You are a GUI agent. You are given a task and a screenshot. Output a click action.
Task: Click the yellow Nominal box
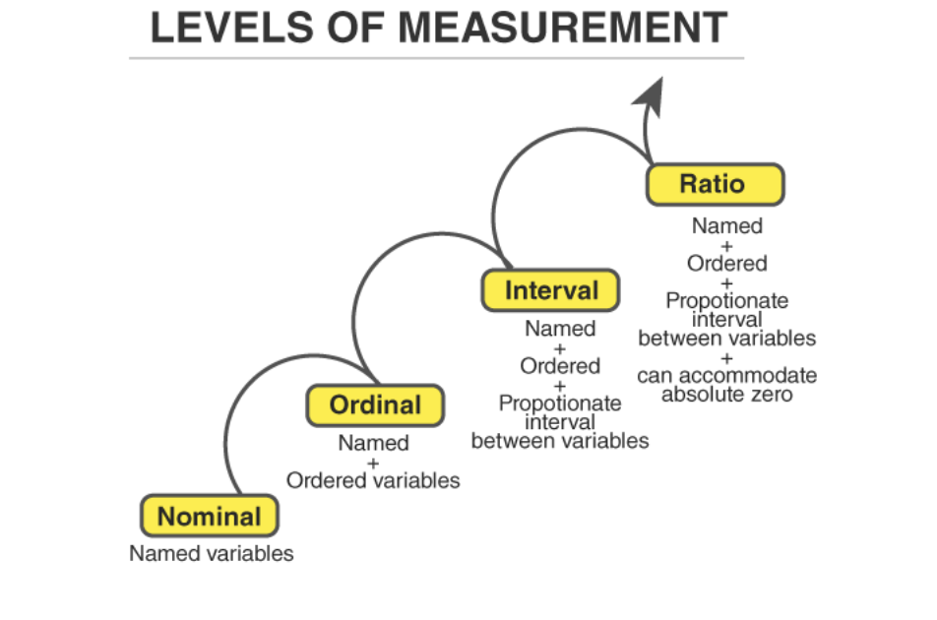point(209,517)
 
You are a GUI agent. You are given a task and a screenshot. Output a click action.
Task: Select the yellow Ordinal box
point(374,405)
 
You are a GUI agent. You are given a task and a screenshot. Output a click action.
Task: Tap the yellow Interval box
point(551,291)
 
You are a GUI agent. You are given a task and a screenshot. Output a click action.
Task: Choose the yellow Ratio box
point(715,184)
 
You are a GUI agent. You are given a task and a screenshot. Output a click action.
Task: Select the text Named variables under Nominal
point(212,554)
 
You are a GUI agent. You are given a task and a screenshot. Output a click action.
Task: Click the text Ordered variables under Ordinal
point(373,480)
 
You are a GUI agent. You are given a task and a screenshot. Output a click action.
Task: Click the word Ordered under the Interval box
point(560,366)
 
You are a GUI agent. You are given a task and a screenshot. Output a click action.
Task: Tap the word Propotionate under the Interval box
point(560,403)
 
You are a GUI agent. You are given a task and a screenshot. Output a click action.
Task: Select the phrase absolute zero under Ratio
point(726,395)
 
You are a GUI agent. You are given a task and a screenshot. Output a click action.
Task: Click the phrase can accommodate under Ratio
point(726,376)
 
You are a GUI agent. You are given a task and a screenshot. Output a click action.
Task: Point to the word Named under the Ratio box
point(726,226)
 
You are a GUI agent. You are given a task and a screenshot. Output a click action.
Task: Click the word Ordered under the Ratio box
point(726,264)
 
